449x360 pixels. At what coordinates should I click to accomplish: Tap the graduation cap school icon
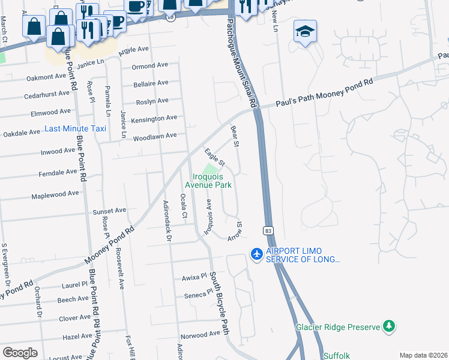(305, 31)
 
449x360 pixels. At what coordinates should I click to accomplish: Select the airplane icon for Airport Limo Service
(256, 254)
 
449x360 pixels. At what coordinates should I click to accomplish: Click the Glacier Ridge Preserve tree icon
(390, 326)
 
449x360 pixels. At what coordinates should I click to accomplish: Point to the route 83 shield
(267, 230)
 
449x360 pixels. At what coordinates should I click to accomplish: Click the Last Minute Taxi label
(75, 129)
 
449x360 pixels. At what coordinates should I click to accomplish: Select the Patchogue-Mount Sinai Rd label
(241, 63)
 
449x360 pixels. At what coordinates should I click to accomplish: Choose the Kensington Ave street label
(154, 119)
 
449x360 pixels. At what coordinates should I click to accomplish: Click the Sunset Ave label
(109, 211)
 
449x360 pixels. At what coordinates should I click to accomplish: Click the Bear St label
(235, 136)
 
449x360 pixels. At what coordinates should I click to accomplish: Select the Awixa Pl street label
(194, 278)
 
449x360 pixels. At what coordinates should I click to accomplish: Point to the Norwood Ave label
(200, 334)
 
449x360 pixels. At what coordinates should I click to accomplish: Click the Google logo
(20, 353)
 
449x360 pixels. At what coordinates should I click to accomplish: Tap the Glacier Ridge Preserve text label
(338, 327)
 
